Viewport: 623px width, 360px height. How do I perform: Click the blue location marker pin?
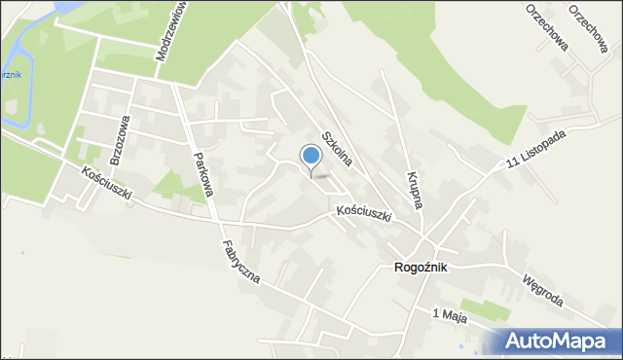pyautogui.click(x=311, y=157)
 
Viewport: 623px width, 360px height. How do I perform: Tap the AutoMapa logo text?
pyautogui.click(x=563, y=341)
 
